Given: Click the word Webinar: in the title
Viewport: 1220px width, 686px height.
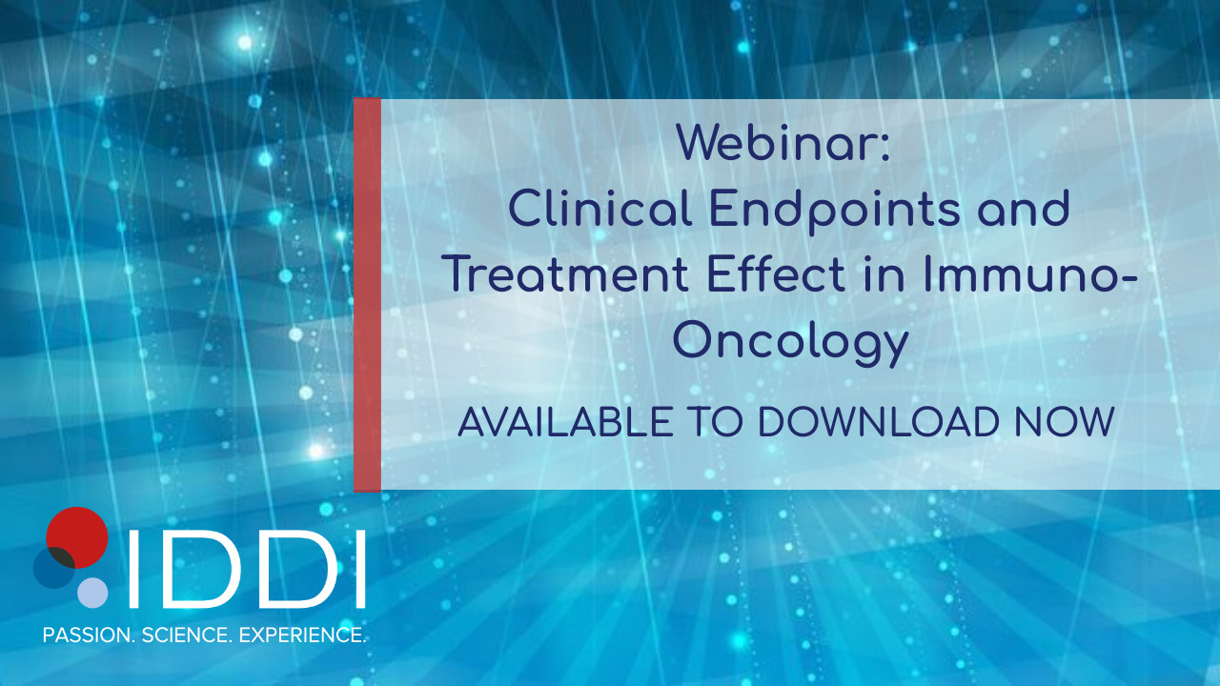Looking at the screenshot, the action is point(783,143).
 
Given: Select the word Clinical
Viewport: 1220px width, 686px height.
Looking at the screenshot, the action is point(600,209).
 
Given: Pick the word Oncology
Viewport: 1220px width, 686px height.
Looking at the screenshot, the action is point(791,343).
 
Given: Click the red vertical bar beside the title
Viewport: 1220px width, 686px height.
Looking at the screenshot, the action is point(367,294).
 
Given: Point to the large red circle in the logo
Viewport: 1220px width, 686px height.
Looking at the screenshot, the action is point(77,537).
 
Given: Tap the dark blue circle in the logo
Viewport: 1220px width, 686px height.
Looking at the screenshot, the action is point(54,567).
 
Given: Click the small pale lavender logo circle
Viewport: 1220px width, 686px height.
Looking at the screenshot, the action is point(92,593).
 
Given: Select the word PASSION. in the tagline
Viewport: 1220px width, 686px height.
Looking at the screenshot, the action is point(89,635).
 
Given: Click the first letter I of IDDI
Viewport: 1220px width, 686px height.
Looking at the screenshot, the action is point(132,569).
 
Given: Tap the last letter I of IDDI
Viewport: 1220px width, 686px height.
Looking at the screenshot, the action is point(360,569).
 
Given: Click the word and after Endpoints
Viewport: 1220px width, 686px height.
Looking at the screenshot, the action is point(1024,209).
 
